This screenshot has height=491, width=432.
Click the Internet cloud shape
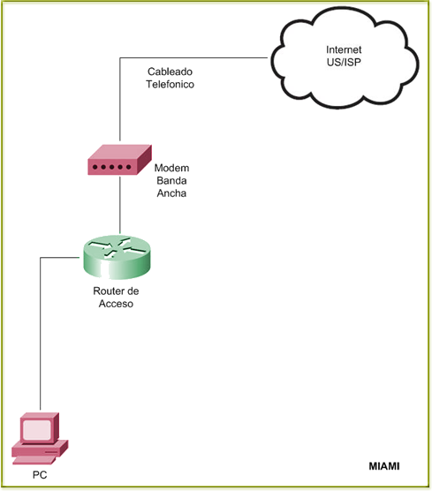(345, 58)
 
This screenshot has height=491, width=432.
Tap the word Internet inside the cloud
(344, 49)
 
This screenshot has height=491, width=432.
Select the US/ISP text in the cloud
(344, 63)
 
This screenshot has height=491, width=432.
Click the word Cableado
(170, 72)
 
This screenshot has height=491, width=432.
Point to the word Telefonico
(170, 84)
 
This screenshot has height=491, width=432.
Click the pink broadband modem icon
(119, 160)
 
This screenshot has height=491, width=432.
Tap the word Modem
(171, 168)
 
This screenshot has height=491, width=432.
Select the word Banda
(171, 181)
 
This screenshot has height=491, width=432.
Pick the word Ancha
(171, 193)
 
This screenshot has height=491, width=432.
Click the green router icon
(117, 257)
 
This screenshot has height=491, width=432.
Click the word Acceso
(116, 304)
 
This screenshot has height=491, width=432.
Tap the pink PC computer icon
(40, 439)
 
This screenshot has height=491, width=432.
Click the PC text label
(40, 475)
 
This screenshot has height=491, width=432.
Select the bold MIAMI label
(384, 466)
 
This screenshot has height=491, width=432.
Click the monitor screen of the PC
(36, 429)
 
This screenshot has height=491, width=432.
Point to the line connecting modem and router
(119, 205)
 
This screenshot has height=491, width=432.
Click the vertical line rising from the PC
(40, 334)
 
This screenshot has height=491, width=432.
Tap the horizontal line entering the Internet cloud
(193, 57)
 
